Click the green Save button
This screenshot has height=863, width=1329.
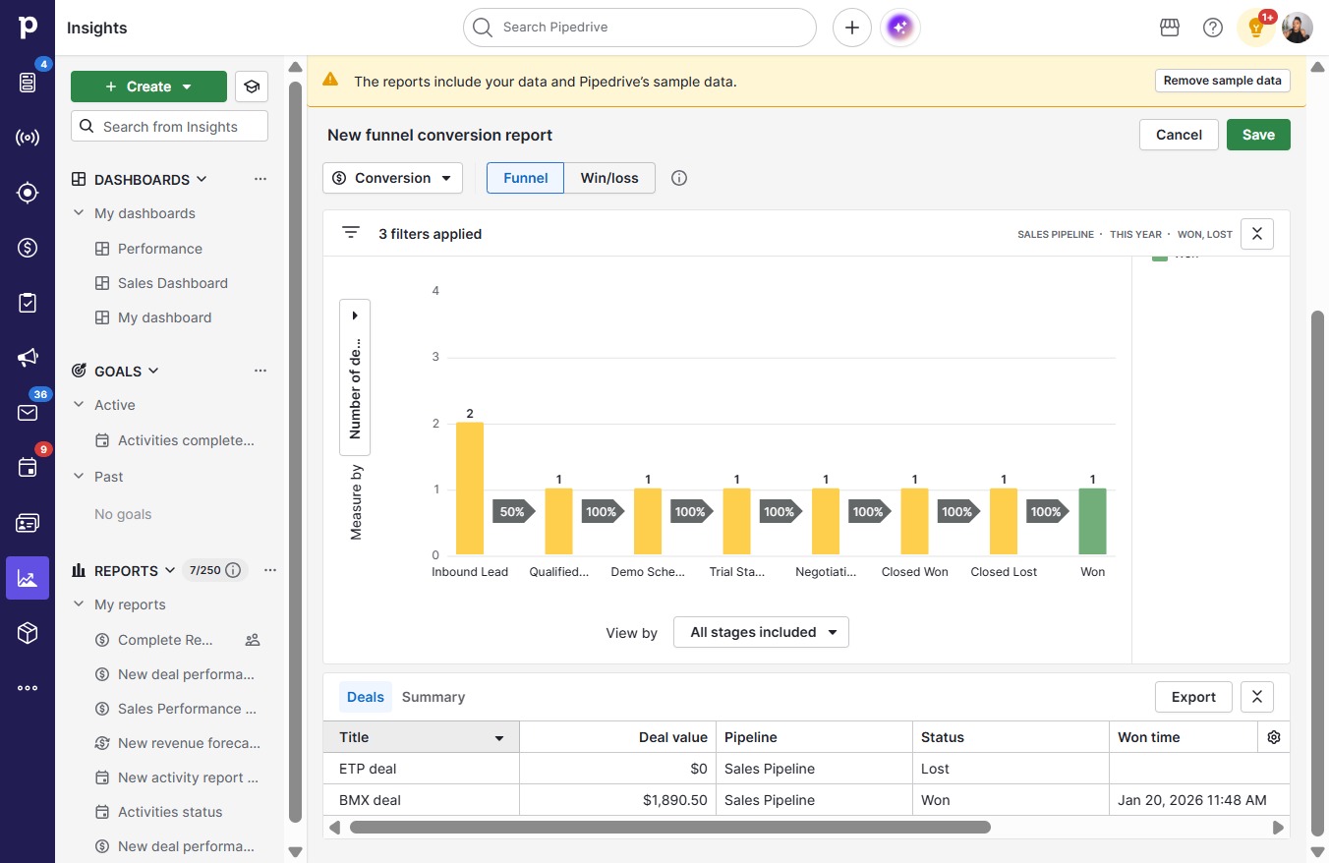(x=1258, y=135)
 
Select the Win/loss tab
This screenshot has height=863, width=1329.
(x=609, y=178)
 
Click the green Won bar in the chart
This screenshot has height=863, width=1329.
(x=1092, y=521)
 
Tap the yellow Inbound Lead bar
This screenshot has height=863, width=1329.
(x=469, y=489)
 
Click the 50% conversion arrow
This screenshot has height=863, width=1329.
(x=512, y=511)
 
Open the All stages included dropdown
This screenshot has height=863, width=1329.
(x=761, y=632)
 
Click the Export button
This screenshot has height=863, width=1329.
(x=1193, y=697)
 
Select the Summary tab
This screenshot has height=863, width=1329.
(x=433, y=697)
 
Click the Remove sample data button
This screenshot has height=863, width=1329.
(x=1222, y=81)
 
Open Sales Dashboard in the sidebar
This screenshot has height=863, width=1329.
(x=172, y=283)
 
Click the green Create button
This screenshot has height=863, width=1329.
(x=148, y=86)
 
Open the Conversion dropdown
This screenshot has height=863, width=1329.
(x=392, y=178)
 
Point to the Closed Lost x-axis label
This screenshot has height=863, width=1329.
(x=1004, y=572)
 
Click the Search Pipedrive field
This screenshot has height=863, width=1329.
(x=640, y=28)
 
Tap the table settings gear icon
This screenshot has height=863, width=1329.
(x=1273, y=737)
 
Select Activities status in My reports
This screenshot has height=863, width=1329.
(x=170, y=812)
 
